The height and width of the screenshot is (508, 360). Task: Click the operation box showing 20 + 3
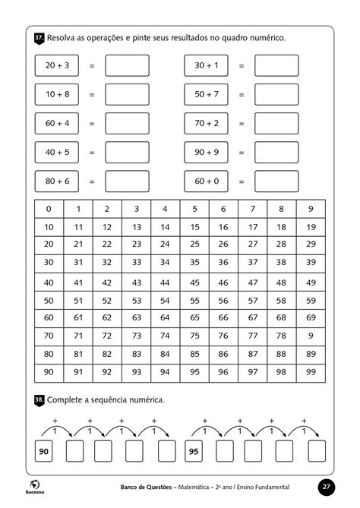point(57,66)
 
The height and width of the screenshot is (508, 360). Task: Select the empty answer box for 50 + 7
point(276,94)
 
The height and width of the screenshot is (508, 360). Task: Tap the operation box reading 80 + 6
point(57,181)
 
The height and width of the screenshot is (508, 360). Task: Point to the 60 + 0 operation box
point(207,181)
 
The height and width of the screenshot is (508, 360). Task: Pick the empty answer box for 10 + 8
point(127,94)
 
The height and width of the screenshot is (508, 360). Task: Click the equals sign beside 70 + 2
point(242,124)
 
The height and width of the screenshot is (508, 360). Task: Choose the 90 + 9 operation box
point(207,153)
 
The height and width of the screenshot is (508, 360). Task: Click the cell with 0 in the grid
point(49,210)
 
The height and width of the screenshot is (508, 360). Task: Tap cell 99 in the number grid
point(310,372)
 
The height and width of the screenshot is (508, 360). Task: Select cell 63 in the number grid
point(136,318)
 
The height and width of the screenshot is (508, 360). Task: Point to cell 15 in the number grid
point(194,227)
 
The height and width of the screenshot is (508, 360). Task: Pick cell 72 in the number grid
point(107,336)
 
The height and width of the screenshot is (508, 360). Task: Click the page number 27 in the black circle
point(326,487)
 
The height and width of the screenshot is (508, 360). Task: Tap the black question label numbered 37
point(39,37)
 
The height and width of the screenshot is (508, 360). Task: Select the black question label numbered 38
point(39,399)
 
